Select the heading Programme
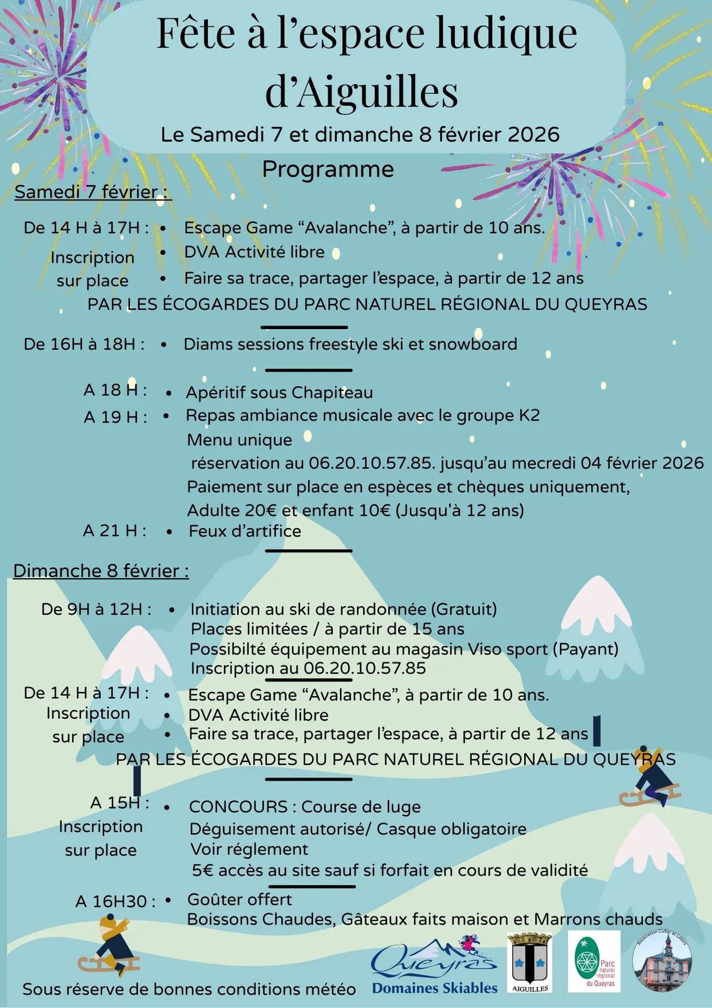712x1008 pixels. (328, 169)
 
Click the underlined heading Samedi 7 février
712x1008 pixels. (92, 192)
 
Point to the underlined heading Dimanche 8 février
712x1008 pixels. (101, 571)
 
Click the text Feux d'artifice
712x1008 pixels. (245, 531)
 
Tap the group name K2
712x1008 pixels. (529, 415)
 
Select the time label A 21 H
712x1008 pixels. (114, 531)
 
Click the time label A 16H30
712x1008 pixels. (115, 901)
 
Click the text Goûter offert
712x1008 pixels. (239, 899)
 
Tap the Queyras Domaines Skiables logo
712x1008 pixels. (434, 967)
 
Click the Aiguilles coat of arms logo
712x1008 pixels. (529, 962)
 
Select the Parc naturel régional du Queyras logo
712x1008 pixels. (594, 961)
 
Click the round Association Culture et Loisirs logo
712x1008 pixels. (662, 961)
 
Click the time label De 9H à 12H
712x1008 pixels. (96, 609)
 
